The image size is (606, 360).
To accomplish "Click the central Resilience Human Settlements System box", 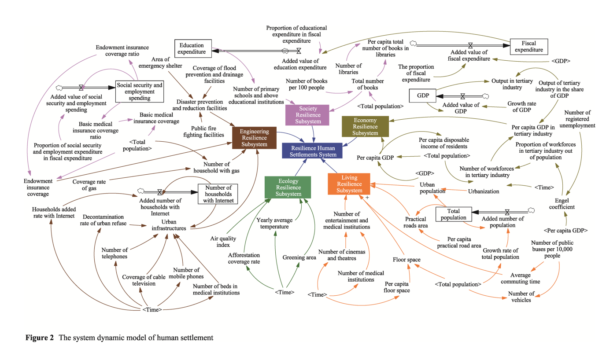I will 313,151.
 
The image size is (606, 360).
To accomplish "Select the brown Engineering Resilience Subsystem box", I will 254,137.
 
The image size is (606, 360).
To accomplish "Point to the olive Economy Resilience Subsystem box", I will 365,126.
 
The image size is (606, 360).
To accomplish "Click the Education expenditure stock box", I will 192,48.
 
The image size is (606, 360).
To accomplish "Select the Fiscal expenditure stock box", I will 528,47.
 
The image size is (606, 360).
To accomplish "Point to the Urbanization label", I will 483,191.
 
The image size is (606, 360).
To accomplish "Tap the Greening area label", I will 299,257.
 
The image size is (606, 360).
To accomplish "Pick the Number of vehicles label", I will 521,297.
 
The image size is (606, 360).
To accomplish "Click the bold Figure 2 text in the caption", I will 39,338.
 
